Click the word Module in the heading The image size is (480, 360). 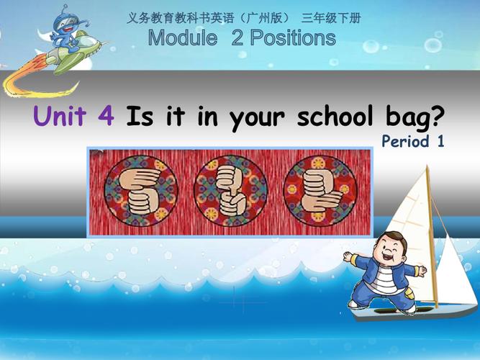182,38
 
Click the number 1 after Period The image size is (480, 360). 439,142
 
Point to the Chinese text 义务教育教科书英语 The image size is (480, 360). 172,18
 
